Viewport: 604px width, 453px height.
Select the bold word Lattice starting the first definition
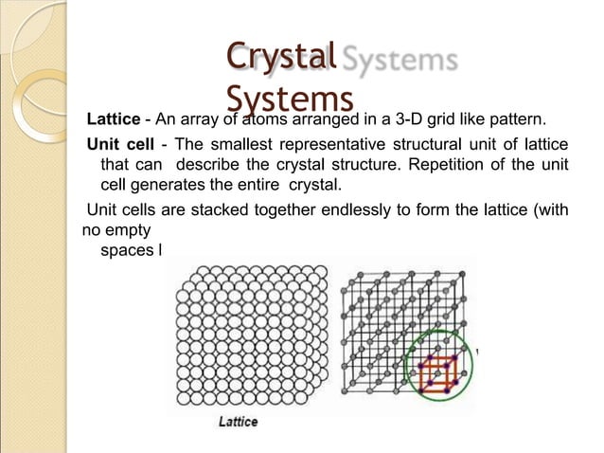[x=113, y=122]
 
